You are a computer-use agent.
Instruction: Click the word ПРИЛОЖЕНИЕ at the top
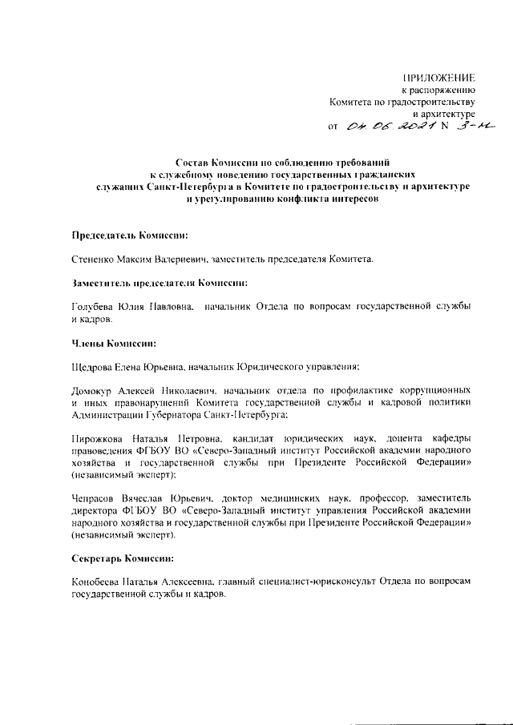[x=440, y=78]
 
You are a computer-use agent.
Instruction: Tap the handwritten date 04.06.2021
[x=391, y=126]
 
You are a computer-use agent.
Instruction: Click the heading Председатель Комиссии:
[x=131, y=236]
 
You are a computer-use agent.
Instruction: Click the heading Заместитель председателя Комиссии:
[x=159, y=283]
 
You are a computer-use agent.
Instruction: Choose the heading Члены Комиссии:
[x=114, y=343]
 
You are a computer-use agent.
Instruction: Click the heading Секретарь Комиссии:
[x=123, y=558]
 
